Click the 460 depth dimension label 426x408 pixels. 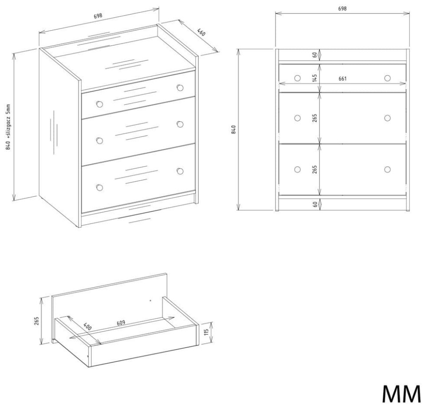click(x=201, y=32)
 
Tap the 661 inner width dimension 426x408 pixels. click(x=343, y=79)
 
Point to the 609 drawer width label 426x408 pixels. click(x=121, y=323)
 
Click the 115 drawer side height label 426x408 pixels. click(x=206, y=332)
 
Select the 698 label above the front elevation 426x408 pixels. click(x=342, y=9)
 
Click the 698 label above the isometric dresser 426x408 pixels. click(x=98, y=16)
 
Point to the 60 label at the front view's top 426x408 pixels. click(x=315, y=55)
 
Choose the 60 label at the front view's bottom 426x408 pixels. click(x=315, y=204)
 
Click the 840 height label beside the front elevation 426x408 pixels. click(x=233, y=130)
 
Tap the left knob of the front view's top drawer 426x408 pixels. click(x=297, y=78)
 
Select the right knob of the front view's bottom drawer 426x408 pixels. click(x=387, y=170)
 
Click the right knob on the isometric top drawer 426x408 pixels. click(x=180, y=88)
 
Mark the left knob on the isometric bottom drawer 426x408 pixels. click(x=100, y=187)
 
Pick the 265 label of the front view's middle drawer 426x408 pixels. click(x=315, y=118)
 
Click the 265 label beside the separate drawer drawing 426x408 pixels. click(x=37, y=321)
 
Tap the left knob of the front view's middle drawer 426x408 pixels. click(x=297, y=118)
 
